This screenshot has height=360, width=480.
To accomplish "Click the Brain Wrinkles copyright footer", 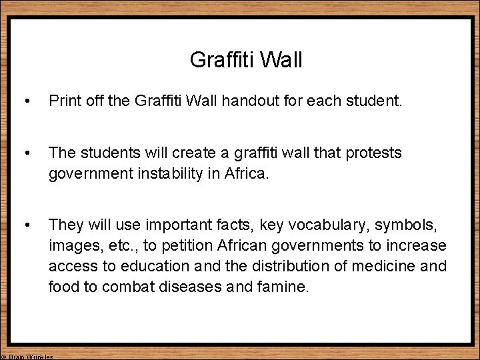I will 27,357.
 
